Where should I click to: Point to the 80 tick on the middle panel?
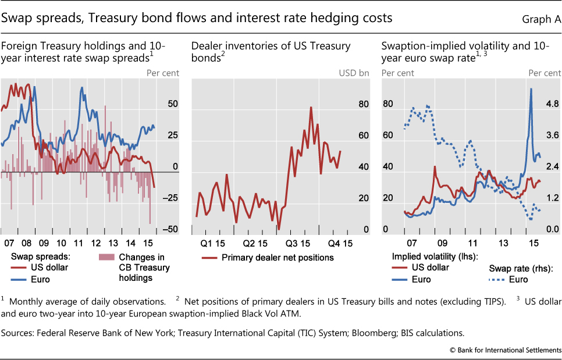pos(364,105)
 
